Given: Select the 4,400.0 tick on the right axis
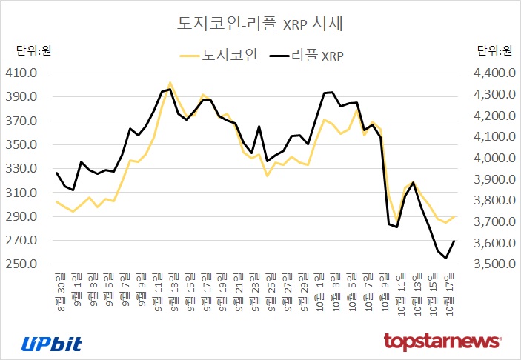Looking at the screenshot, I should pos(490,73).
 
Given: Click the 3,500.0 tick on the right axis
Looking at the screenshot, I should pos(490,264).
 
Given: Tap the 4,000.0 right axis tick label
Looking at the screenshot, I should pos(490,158).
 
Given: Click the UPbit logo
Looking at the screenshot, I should pos(51,343).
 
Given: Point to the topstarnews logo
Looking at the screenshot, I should pos(442,341).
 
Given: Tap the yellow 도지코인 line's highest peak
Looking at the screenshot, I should pos(170,83).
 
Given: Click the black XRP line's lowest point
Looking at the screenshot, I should pos(445,258).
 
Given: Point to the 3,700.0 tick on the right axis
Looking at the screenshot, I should pos(490,222).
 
